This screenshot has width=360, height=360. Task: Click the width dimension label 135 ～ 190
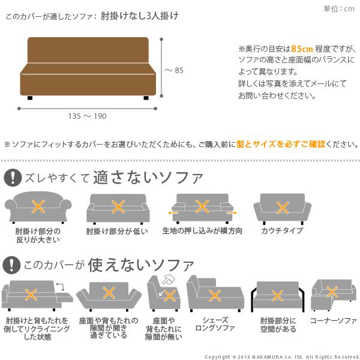click(x=88, y=116)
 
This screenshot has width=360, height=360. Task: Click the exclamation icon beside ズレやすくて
click(x=12, y=178)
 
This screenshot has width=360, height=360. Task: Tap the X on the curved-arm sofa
click(x=38, y=208)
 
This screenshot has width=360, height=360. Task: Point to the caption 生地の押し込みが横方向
click(x=202, y=230)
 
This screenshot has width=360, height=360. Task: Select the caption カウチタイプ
click(x=282, y=230)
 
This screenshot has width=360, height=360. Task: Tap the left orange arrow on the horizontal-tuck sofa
click(x=173, y=212)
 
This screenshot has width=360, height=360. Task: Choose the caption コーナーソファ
click(x=333, y=321)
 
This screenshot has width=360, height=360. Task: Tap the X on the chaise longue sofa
click(x=214, y=295)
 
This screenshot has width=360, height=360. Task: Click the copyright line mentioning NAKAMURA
click(x=281, y=355)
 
